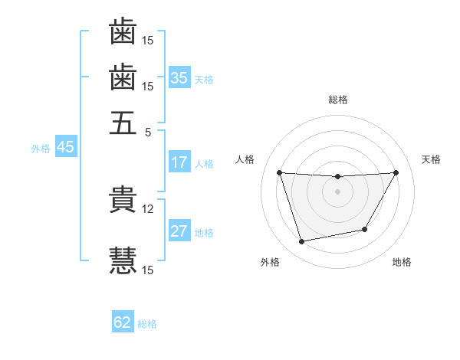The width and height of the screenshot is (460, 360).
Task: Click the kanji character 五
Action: click(x=123, y=123)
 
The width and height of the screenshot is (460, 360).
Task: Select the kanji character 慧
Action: click(x=123, y=260)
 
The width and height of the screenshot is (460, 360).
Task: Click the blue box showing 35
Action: click(x=179, y=77)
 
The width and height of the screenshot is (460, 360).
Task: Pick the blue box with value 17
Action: click(x=179, y=162)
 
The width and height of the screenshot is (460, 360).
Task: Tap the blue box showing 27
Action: click(x=179, y=231)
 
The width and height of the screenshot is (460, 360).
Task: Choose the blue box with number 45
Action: click(x=65, y=148)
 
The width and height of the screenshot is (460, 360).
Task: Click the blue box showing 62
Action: click(x=123, y=322)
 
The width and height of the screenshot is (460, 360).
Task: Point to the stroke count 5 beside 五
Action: click(x=149, y=131)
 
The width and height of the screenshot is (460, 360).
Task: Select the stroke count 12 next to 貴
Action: click(x=148, y=208)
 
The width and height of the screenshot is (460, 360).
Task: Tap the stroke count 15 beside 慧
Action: click(x=148, y=270)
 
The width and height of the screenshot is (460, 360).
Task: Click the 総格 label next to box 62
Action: click(x=147, y=324)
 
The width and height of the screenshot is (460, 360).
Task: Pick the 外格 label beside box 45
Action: click(x=41, y=149)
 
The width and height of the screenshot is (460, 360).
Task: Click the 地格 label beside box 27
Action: click(x=205, y=233)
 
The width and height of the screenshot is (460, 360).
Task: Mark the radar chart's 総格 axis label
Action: click(x=338, y=100)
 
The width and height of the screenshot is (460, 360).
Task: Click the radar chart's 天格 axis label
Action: click(x=432, y=159)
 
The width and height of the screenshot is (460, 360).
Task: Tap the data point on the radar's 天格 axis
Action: click(x=396, y=172)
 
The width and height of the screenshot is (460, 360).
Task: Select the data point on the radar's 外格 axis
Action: click(x=302, y=242)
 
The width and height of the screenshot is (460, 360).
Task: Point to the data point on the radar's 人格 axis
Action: click(x=279, y=172)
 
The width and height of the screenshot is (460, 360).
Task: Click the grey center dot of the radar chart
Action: click(x=338, y=191)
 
